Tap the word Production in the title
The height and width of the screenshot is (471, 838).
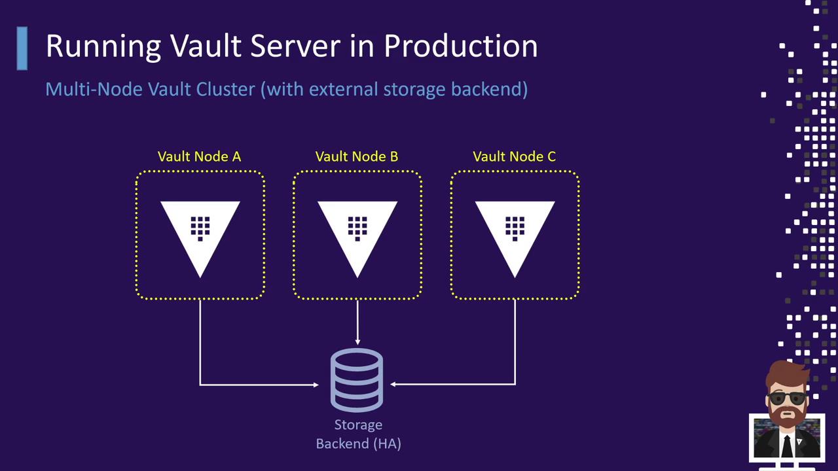click(460, 46)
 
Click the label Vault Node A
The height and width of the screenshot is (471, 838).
click(199, 156)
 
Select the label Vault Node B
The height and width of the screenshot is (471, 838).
click(357, 156)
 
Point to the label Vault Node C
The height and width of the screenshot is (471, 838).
click(515, 156)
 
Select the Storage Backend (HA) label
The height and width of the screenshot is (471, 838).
click(358, 434)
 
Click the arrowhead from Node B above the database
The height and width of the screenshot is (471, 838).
click(357, 341)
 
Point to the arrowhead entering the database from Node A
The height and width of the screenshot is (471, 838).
click(315, 385)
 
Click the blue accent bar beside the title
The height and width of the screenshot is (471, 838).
click(22, 48)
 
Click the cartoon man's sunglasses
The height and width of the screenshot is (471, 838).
click(786, 398)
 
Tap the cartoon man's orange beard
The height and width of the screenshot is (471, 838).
click(786, 417)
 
